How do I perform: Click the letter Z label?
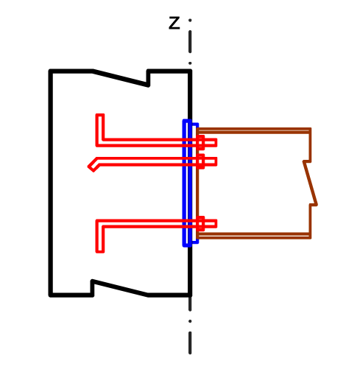[174, 23]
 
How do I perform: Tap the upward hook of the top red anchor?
[100, 127]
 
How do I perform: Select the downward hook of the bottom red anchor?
[100, 239]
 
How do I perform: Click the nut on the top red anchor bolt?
[200, 142]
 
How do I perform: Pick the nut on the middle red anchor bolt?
[200, 161]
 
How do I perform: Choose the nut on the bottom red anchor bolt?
[200, 224]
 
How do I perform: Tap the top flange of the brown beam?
[253, 130]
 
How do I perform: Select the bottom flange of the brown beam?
[253, 236]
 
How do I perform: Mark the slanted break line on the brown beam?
[311, 183]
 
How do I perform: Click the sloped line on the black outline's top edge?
[121, 78]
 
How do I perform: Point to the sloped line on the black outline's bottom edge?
[120, 288]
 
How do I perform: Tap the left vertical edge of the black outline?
[51, 183]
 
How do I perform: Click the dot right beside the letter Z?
[190, 21]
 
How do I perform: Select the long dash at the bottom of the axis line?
[190, 343]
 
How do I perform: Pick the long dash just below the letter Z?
[190, 42]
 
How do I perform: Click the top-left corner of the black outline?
[50, 71]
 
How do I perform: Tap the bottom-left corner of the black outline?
[50, 295]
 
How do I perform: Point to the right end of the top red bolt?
[216, 142]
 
